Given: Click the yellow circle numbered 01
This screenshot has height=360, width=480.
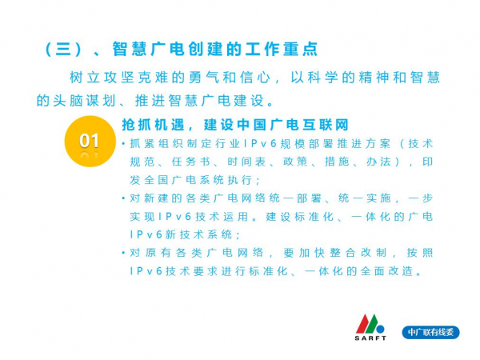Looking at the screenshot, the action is pos(90,141).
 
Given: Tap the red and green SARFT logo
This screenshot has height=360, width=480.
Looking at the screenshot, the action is pos(370,327).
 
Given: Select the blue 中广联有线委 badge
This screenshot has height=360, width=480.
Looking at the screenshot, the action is pos(430,332).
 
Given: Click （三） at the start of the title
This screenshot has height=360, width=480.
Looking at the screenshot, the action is pos(63,50).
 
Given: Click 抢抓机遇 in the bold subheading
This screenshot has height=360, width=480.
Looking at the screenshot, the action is pos(154,125).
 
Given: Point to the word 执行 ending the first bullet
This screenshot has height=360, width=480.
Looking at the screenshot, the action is pos(240,180).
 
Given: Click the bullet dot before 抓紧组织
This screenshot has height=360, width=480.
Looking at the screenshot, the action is pos(123,143).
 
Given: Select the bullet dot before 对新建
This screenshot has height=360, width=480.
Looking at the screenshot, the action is pos(123,198).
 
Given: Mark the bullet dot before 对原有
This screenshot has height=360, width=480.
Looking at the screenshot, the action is pos(123,253).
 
